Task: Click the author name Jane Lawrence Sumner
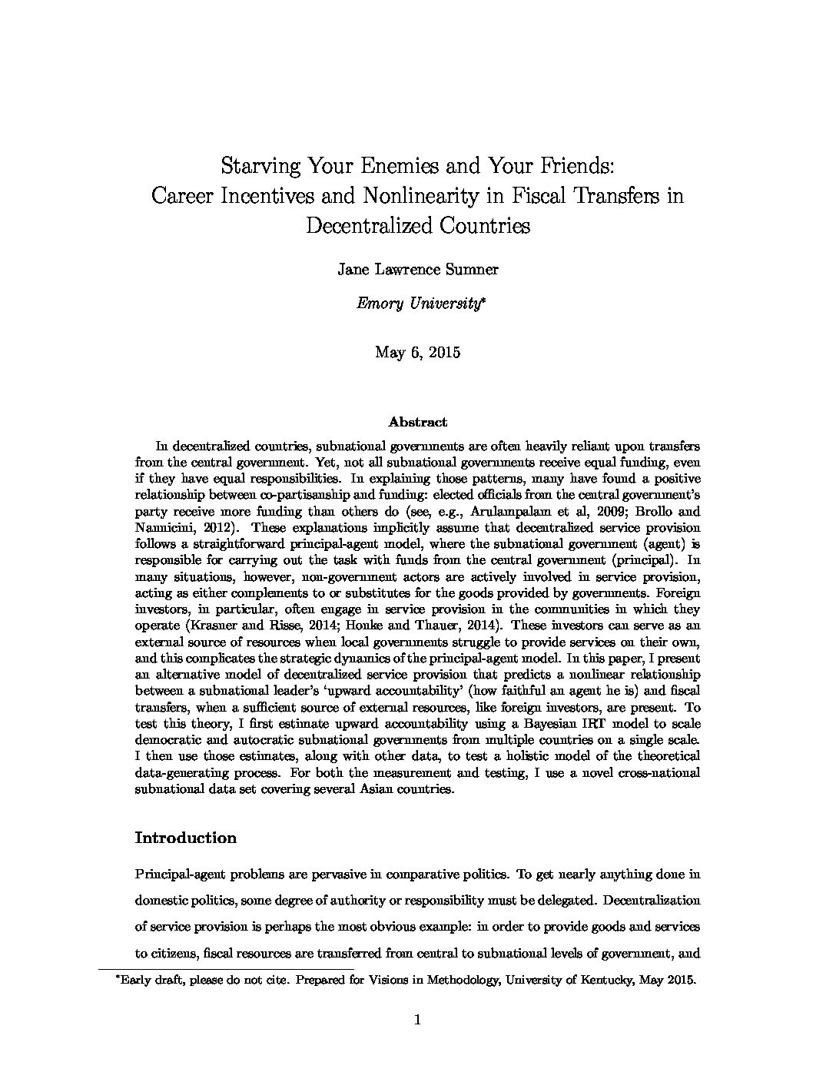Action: [418, 269]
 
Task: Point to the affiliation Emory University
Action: [418, 303]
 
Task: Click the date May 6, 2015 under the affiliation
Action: [418, 353]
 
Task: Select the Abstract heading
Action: [417, 422]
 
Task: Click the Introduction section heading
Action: [185, 838]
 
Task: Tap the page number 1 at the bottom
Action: [418, 1021]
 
